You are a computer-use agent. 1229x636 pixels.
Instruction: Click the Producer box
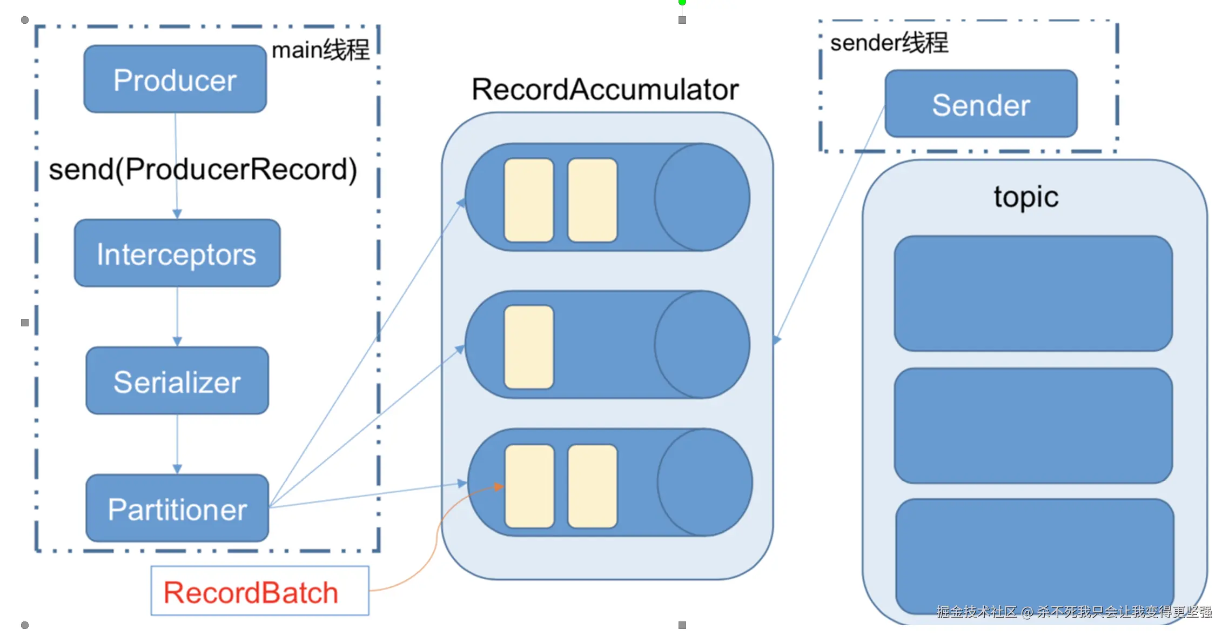(x=175, y=79)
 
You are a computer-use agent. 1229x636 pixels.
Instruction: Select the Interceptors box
(x=177, y=253)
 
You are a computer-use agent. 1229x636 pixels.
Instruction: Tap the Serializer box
(x=177, y=381)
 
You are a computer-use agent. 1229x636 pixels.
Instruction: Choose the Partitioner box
(x=177, y=508)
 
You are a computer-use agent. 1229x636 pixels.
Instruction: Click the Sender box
(x=980, y=104)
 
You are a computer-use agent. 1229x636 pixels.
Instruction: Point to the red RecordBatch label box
(x=260, y=591)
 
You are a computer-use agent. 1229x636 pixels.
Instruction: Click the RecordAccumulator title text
(x=605, y=89)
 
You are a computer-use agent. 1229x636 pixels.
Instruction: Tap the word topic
(x=1026, y=197)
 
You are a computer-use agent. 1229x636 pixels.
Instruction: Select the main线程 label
(x=320, y=50)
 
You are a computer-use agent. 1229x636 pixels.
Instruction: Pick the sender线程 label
(x=889, y=43)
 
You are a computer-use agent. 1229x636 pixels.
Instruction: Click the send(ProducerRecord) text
(x=203, y=169)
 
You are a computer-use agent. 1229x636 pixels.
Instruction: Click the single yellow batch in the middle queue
(x=529, y=347)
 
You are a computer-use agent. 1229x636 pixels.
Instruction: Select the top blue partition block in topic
(x=1033, y=293)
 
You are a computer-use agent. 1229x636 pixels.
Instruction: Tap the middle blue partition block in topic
(x=1033, y=426)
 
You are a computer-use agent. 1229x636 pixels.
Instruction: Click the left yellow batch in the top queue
(x=529, y=200)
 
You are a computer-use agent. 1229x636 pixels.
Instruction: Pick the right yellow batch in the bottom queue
(x=592, y=486)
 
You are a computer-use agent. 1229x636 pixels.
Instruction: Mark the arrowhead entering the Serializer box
(x=177, y=342)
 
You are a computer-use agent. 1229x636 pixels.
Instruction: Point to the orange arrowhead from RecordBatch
(x=499, y=487)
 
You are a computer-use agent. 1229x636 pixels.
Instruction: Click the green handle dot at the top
(x=682, y=2)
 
